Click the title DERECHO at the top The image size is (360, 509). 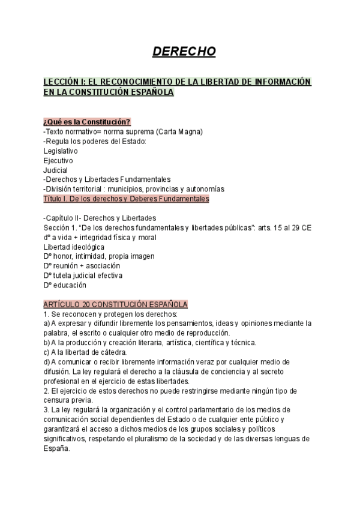tap(184, 52)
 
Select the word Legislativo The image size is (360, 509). tap(61, 151)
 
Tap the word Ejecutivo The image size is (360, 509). tap(58, 160)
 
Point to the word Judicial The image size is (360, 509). tap(56, 170)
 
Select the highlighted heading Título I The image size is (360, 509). tap(126, 199)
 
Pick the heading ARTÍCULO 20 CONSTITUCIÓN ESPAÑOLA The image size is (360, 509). tap(116, 304)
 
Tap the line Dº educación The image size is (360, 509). tap(65, 285)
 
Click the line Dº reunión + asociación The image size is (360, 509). tap(82, 266)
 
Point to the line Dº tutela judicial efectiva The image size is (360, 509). tap(83, 276)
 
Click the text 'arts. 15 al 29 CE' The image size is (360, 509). tap(284, 227)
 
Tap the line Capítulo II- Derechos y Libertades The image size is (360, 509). tap(100, 218)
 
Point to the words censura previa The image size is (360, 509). tap(68, 400)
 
